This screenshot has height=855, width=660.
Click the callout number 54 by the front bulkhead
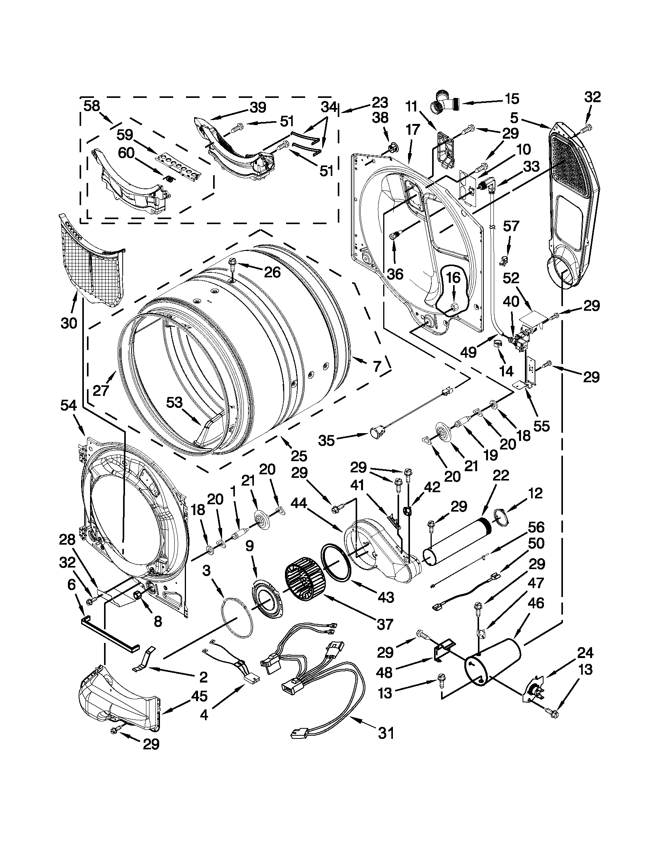(69, 407)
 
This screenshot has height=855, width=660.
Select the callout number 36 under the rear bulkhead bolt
(395, 273)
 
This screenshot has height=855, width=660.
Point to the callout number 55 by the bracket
(542, 425)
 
